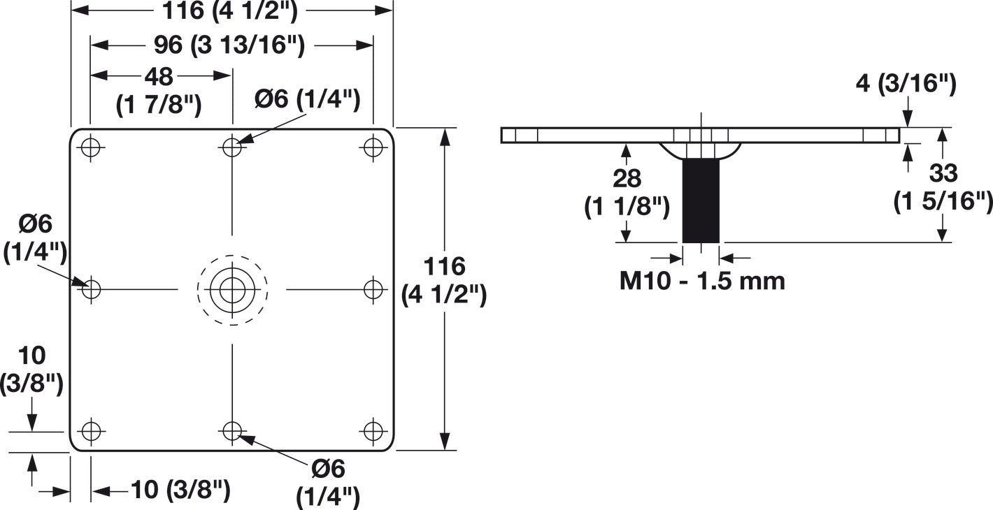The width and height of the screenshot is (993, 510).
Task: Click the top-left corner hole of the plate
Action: (92, 147)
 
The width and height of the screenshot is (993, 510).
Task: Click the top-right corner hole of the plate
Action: (373, 147)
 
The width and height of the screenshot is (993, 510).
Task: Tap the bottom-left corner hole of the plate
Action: (92, 431)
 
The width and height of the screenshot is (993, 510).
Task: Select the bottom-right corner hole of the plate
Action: (373, 431)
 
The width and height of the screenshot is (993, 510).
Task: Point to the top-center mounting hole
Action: (232, 147)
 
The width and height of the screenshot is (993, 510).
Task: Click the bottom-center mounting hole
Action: (232, 431)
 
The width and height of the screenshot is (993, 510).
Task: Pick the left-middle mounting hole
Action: (92, 289)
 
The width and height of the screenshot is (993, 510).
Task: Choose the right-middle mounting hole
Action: (373, 289)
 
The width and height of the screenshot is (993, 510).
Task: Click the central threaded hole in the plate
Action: (232, 290)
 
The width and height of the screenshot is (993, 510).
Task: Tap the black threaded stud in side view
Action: (701, 201)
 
